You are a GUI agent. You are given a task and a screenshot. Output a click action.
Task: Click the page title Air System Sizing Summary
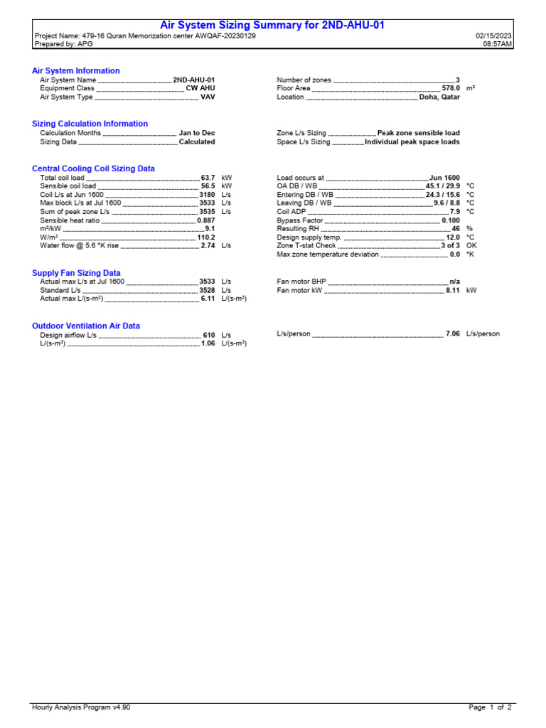[272, 25]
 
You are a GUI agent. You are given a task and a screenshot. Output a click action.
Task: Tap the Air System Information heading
[76, 71]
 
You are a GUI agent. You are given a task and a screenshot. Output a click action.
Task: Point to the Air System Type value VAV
[208, 97]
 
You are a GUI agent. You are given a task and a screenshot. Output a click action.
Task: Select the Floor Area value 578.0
[451, 89]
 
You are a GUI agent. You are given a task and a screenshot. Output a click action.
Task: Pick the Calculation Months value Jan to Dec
[197, 133]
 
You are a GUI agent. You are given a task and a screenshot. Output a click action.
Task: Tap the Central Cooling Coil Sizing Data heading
[93, 168]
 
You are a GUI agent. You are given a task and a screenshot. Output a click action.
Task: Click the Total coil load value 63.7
[208, 178]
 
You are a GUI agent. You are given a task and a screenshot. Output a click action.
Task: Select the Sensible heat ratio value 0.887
[205, 220]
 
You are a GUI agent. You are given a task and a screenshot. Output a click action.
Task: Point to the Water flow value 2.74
[208, 246]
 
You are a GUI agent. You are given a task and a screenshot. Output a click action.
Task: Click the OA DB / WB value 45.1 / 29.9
[442, 186]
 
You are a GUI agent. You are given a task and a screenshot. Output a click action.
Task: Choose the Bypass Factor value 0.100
[450, 220]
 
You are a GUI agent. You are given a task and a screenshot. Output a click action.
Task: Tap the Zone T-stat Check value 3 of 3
[450, 246]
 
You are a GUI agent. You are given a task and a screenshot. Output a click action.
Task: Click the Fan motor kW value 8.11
[453, 291]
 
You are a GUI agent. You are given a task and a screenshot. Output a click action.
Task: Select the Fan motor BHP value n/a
[454, 282]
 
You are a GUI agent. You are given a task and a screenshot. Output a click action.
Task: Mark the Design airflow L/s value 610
[209, 335]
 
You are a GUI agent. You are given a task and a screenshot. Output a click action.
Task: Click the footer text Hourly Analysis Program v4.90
[81, 707]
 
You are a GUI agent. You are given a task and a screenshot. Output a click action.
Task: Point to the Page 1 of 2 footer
[490, 707]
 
